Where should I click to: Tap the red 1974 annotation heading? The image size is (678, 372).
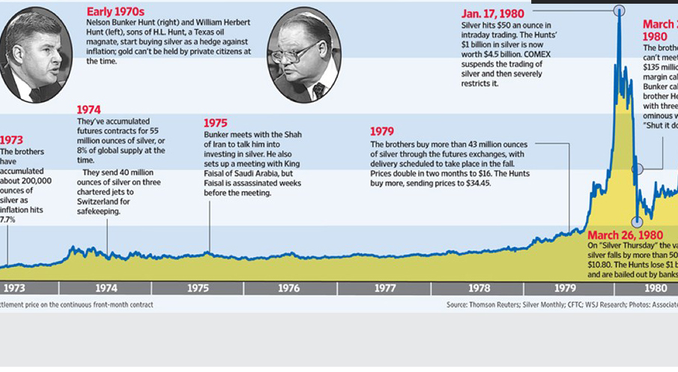pos(89,109)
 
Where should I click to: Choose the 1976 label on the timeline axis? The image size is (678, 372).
pos(289,287)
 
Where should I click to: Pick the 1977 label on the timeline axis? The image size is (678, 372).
pos(385,287)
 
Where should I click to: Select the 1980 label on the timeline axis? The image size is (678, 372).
pos(656,287)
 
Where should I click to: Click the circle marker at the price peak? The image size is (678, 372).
pos(619,10)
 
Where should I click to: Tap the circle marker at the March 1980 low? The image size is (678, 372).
pos(637,221)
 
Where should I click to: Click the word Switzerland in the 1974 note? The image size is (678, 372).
pos(101,202)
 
